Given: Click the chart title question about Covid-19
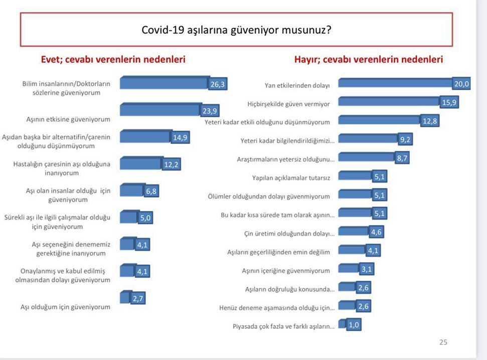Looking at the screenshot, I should click(x=236, y=30).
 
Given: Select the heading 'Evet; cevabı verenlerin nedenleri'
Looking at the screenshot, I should click(x=113, y=60).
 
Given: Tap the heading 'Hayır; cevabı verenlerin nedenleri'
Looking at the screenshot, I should click(x=368, y=60).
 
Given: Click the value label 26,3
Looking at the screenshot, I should click(x=218, y=85).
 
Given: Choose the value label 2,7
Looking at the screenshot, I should click(x=138, y=298).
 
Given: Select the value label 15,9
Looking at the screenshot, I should click(x=447, y=103).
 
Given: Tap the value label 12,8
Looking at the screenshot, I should click(x=429, y=121).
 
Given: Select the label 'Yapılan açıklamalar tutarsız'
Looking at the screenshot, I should click(x=290, y=177).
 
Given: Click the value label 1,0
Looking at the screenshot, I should click(x=354, y=325).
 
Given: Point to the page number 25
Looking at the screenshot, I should click(x=443, y=342).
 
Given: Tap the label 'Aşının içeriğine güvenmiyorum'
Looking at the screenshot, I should click(x=286, y=271).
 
